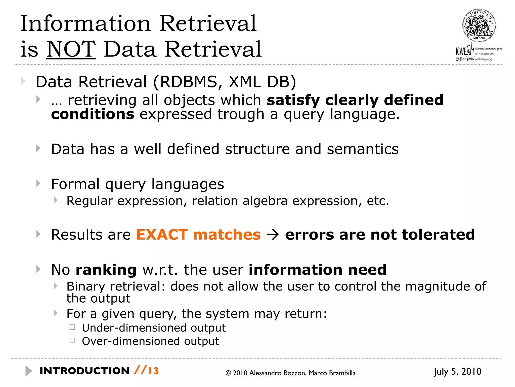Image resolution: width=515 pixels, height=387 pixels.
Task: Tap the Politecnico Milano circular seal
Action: pyautogui.click(x=479, y=25)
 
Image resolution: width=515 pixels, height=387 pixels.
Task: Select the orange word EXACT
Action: pyautogui.click(x=162, y=235)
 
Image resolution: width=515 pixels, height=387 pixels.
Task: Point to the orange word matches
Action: pyautogui.click(x=227, y=235)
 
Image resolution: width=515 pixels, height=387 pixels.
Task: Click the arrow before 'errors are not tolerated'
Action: pyautogui.click(x=273, y=235)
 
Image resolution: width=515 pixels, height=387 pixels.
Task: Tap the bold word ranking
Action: pyautogui.click(x=106, y=270)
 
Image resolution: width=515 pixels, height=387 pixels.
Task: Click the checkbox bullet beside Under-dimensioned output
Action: pyautogui.click(x=72, y=327)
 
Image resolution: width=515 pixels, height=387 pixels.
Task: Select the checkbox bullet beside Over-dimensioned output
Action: pyautogui.click(x=72, y=341)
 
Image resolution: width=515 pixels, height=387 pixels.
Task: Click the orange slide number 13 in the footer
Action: pyautogui.click(x=154, y=371)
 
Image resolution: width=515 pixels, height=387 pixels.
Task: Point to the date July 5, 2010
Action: pyautogui.click(x=457, y=372)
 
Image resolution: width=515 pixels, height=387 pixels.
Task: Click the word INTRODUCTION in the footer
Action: pyautogui.click(x=84, y=371)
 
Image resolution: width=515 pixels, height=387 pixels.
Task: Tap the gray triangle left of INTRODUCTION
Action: pyautogui.click(x=29, y=371)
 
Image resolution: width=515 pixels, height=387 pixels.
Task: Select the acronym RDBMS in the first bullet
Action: pyautogui.click(x=188, y=82)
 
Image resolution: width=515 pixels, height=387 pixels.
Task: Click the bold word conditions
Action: pyautogui.click(x=93, y=114)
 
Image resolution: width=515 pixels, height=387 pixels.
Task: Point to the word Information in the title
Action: pyautogui.click(x=85, y=23)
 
